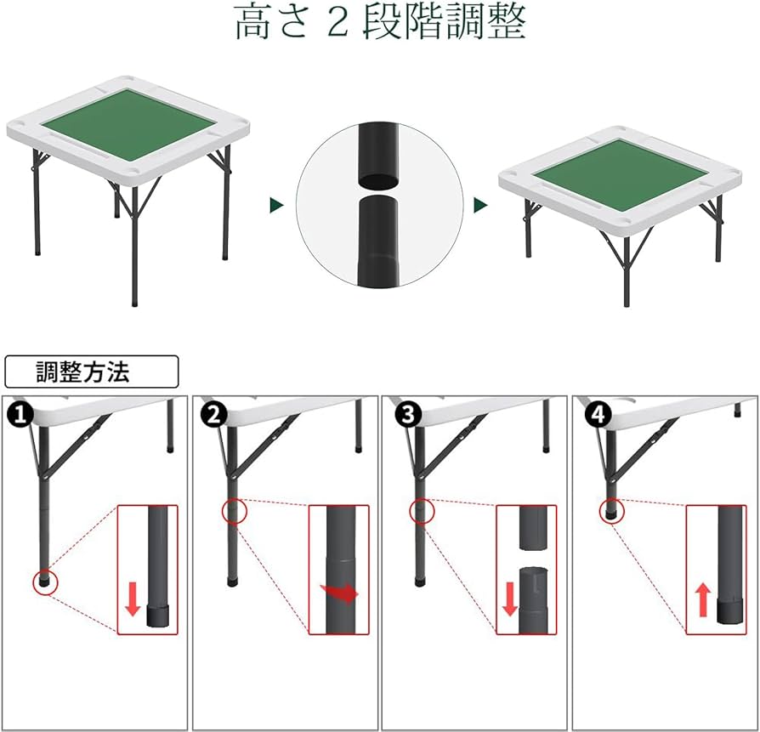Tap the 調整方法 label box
click(92, 372)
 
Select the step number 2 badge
click(214, 415)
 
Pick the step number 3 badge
click(409, 415)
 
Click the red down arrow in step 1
click(132, 599)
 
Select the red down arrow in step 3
click(509, 598)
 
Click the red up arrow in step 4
click(703, 599)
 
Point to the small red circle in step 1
click(44, 582)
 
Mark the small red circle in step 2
click(234, 512)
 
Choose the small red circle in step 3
click(422, 512)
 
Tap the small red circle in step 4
click(611, 510)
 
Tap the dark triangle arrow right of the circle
click(480, 206)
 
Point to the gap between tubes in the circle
click(379, 187)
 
